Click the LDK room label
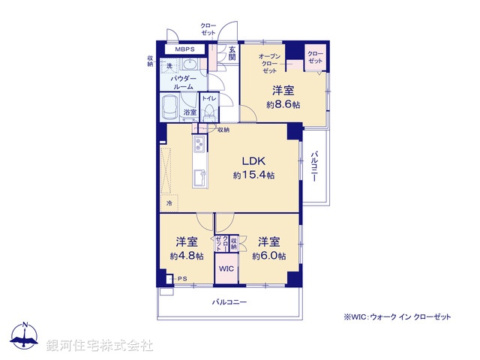pos(253,160)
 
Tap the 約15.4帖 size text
pos(253,175)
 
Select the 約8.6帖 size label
pos(283,105)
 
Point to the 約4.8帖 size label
pos(186,256)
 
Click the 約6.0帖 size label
pos(268,256)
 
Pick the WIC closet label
pos(226,268)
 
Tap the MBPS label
pos(184,49)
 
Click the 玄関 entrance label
pos(232,53)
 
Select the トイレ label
pos(209,98)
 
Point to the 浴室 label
pos(190,112)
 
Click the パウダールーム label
pos(184,82)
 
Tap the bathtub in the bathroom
pos(170,106)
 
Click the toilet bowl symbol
pos(211,113)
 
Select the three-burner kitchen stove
pos(200,145)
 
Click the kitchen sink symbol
pos(200,178)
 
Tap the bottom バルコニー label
pos(229,302)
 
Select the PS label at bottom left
pos(181,280)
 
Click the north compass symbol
pos(25,337)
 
